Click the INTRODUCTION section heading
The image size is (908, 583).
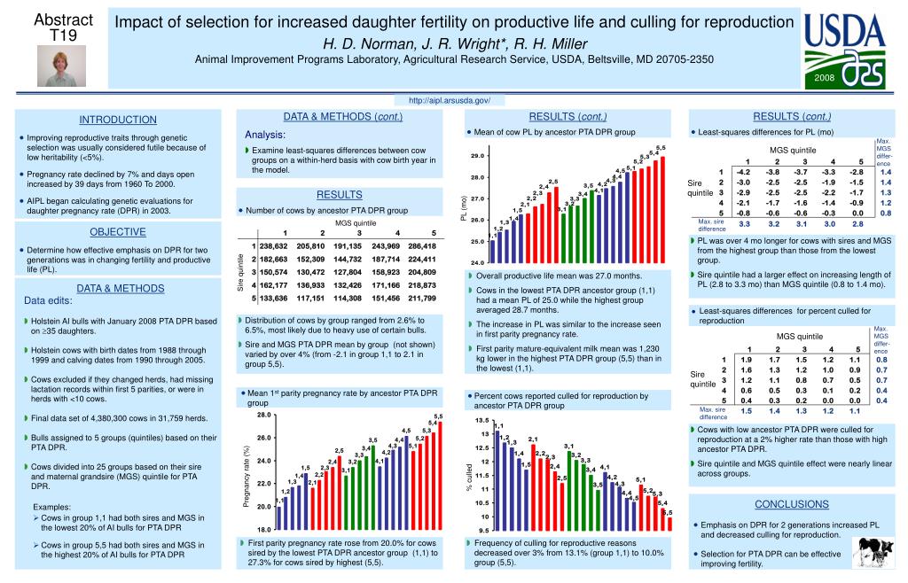[x=118, y=120]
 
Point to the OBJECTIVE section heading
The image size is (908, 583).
[x=118, y=232]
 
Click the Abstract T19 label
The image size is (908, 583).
[x=63, y=27]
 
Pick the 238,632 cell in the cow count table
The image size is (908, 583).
[x=274, y=245]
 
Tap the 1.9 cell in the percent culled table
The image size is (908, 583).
[x=746, y=360]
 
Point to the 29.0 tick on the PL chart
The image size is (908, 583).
[x=477, y=156]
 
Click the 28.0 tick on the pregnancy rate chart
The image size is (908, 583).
[x=264, y=415]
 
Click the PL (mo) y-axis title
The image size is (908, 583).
[x=463, y=209]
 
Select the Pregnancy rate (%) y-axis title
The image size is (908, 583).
[x=247, y=476]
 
